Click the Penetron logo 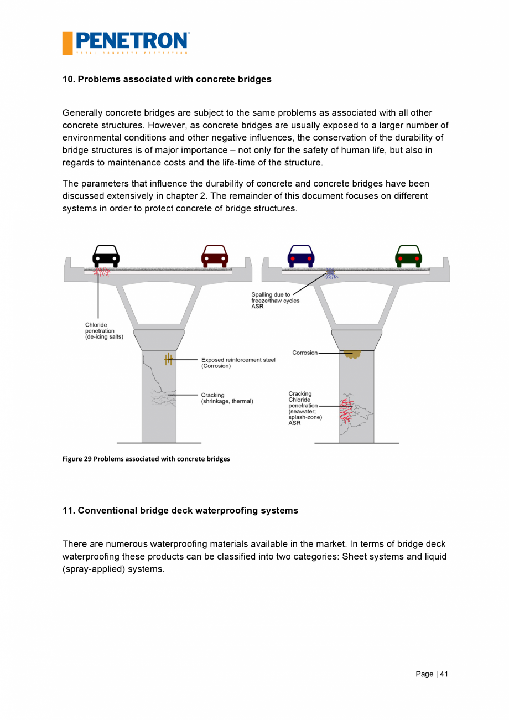(x=126, y=43)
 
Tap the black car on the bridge (x=106, y=256)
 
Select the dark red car (x=215, y=256)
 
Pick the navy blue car (x=301, y=256)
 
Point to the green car (x=408, y=256)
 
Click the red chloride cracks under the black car (x=102, y=272)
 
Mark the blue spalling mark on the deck (x=331, y=273)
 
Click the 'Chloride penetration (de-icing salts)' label (x=104, y=331)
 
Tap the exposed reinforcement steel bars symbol (x=169, y=360)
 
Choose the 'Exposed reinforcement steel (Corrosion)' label (x=238, y=363)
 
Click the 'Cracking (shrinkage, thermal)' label (x=227, y=398)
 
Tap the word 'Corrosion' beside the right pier (x=305, y=353)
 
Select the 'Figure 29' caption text (x=146, y=459)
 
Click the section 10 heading (x=167, y=79)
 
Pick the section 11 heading (x=180, y=510)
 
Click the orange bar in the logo (x=67, y=43)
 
